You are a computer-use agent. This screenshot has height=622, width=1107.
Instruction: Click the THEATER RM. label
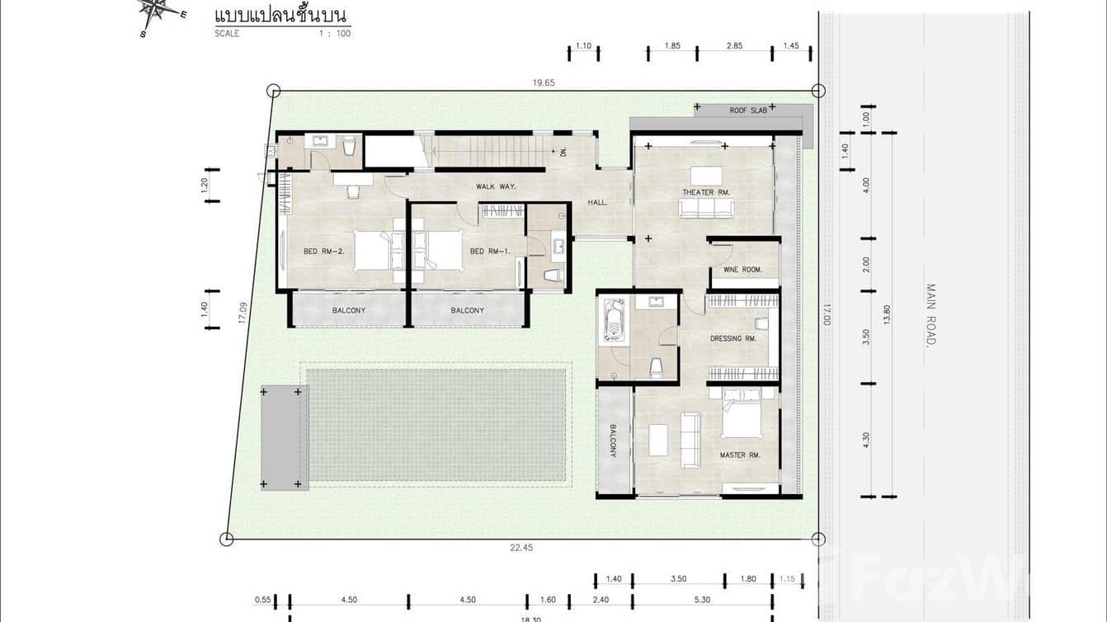tap(706, 192)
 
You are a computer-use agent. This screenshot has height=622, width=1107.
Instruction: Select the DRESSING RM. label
tap(733, 338)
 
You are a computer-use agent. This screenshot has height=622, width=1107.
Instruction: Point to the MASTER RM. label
tap(739, 455)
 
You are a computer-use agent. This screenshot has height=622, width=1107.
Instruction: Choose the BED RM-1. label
tap(490, 252)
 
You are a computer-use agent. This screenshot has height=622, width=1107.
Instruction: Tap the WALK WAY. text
tap(496, 186)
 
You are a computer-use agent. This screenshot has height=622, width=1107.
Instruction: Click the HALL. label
tap(598, 202)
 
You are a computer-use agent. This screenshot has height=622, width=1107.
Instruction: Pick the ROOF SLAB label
tap(748, 110)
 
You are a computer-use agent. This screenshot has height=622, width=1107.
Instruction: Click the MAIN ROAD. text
tap(931, 314)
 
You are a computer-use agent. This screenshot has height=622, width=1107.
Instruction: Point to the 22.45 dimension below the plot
tap(521, 548)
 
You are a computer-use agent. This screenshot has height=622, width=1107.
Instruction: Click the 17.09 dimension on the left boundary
tap(243, 313)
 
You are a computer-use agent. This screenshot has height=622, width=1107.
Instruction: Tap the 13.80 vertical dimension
tap(887, 314)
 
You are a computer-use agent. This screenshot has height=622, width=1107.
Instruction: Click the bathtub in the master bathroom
tap(615, 320)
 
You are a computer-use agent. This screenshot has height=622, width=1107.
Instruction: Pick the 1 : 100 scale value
tap(335, 34)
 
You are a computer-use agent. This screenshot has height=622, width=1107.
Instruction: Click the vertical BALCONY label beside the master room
tap(613, 441)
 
